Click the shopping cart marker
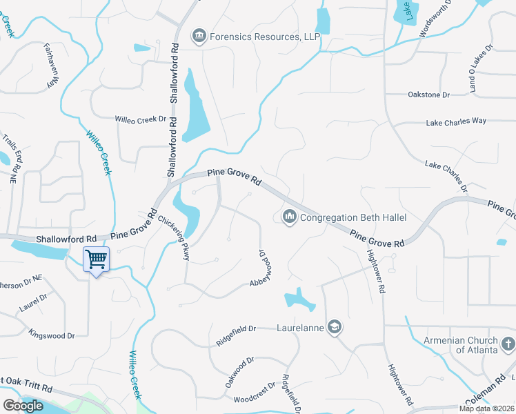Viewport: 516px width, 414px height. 96,260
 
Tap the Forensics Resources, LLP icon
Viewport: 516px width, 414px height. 199,35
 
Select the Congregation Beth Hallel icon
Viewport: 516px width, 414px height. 290,217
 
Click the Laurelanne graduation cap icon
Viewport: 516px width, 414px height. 335,327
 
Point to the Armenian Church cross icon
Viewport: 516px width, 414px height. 507,344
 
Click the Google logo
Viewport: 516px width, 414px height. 23,405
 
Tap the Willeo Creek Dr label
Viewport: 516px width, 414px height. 141,119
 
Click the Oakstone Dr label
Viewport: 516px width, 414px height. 428,95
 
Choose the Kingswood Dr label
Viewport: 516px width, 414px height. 52,335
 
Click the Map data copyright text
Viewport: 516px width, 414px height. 487,408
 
